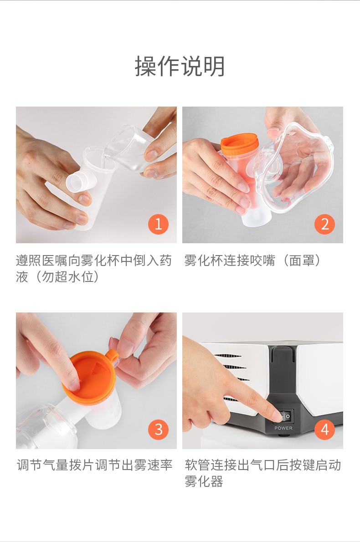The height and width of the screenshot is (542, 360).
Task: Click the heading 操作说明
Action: click(x=180, y=66)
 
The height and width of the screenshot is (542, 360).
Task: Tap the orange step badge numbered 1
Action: click(x=159, y=224)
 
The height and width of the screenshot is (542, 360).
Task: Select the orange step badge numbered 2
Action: click(x=324, y=224)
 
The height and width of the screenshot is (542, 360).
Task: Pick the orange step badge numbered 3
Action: click(x=159, y=430)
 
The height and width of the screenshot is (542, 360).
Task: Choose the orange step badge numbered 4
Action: click(x=324, y=430)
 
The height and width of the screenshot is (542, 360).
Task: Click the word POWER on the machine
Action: click(x=283, y=428)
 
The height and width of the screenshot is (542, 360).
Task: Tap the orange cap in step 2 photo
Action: click(x=239, y=143)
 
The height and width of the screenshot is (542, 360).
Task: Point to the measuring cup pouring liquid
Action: click(x=129, y=148)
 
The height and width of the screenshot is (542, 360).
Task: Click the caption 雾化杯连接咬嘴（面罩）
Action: click(x=252, y=260)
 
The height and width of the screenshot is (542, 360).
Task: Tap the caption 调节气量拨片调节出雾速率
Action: click(x=94, y=465)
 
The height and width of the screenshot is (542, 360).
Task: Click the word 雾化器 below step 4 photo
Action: click(x=204, y=481)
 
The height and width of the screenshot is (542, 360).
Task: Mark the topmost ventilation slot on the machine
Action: click(x=227, y=356)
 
